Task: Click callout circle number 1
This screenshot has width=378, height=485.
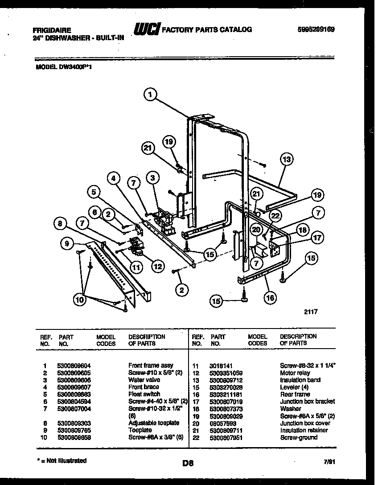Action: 152,94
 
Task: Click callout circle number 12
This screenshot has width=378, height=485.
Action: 157,267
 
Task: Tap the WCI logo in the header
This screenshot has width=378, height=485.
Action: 147,30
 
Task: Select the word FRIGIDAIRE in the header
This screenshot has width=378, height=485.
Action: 52,30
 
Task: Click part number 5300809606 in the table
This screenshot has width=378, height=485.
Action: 74,380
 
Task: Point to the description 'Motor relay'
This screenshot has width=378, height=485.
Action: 295,373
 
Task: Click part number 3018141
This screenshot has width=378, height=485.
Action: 222,365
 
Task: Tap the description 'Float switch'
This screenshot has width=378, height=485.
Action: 144,394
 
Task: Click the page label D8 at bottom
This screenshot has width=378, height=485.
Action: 188,463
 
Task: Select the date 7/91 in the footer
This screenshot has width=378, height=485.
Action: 328,463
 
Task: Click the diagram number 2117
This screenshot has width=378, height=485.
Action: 311,312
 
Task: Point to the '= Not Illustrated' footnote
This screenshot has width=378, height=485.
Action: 61,460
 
